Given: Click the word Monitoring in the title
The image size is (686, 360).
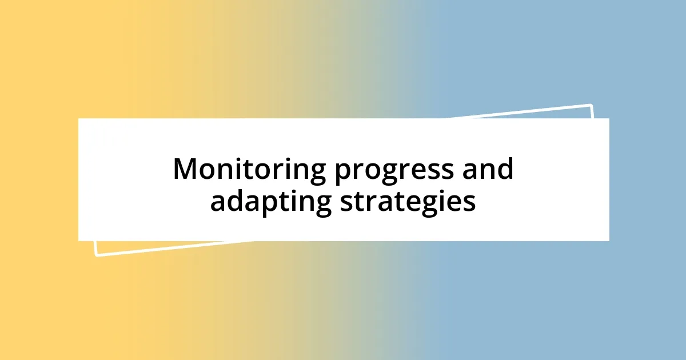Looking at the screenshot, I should [249, 170].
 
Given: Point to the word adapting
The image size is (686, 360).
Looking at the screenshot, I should [270, 203].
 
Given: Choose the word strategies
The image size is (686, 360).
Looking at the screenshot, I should [408, 203].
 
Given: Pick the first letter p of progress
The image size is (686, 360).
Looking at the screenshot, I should [342, 173].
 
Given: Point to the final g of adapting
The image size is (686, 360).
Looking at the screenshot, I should [323, 205].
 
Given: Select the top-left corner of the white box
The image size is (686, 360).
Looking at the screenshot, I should [78, 118].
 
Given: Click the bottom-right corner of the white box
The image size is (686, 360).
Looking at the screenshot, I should [609, 241].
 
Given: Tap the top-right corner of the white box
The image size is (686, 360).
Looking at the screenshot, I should [609, 118].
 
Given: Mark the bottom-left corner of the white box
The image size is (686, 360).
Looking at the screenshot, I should [78, 241].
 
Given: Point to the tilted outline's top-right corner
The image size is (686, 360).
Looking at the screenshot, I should [591, 105].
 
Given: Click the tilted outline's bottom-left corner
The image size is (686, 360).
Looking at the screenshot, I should [96, 255].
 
